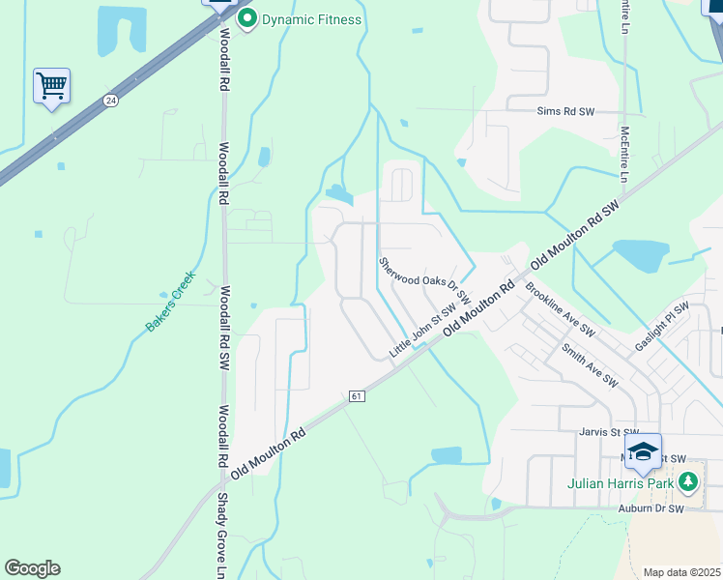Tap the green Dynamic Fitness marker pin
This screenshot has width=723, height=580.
(247, 18)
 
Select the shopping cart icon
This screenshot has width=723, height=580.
(51, 85)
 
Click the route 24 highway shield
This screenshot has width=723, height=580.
(111, 100)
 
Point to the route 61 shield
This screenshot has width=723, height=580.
(356, 396)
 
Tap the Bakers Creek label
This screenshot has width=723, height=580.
(170, 301)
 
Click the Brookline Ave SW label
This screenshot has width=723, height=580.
(560, 309)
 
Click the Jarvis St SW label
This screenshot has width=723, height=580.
(609, 432)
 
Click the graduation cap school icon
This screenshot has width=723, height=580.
(643, 451)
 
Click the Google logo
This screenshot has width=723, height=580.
(32, 568)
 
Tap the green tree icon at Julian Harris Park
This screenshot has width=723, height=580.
(687, 480)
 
